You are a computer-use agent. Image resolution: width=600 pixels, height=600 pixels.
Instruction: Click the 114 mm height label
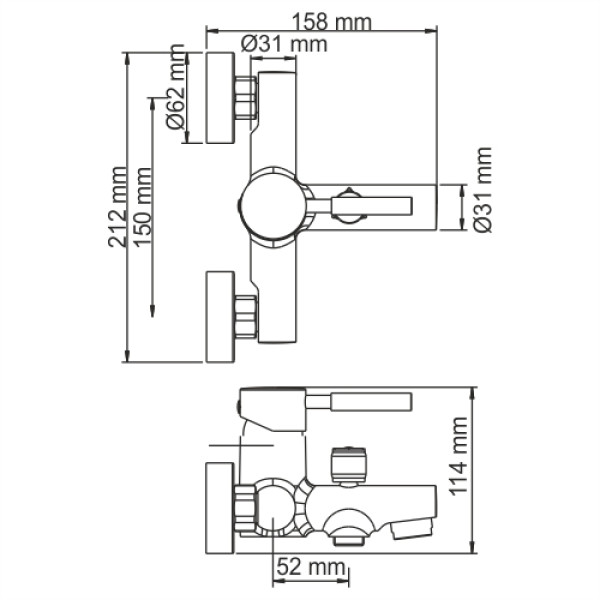click(x=488, y=469)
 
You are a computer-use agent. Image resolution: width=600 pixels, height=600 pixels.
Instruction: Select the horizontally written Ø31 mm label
click(x=285, y=43)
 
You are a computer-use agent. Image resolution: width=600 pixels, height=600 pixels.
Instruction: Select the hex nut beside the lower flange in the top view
click(x=246, y=316)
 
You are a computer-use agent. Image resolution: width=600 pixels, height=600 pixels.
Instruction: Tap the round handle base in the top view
click(x=270, y=205)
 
